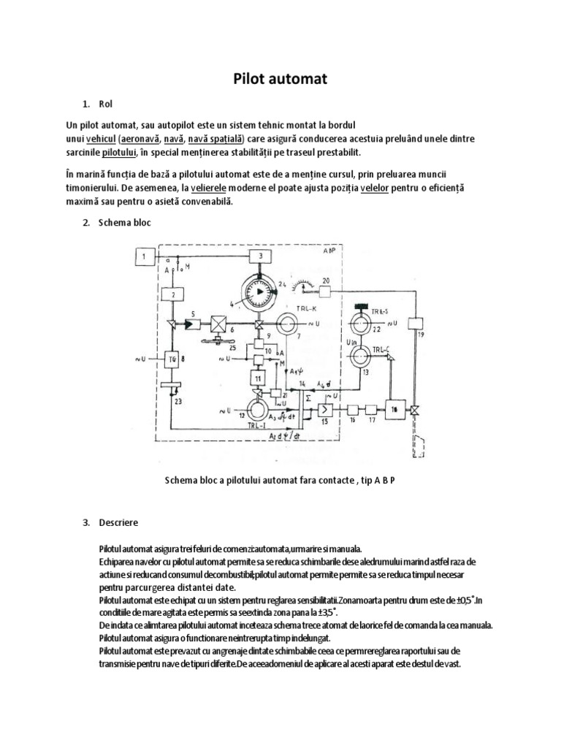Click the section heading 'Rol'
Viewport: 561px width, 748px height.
[107, 104]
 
